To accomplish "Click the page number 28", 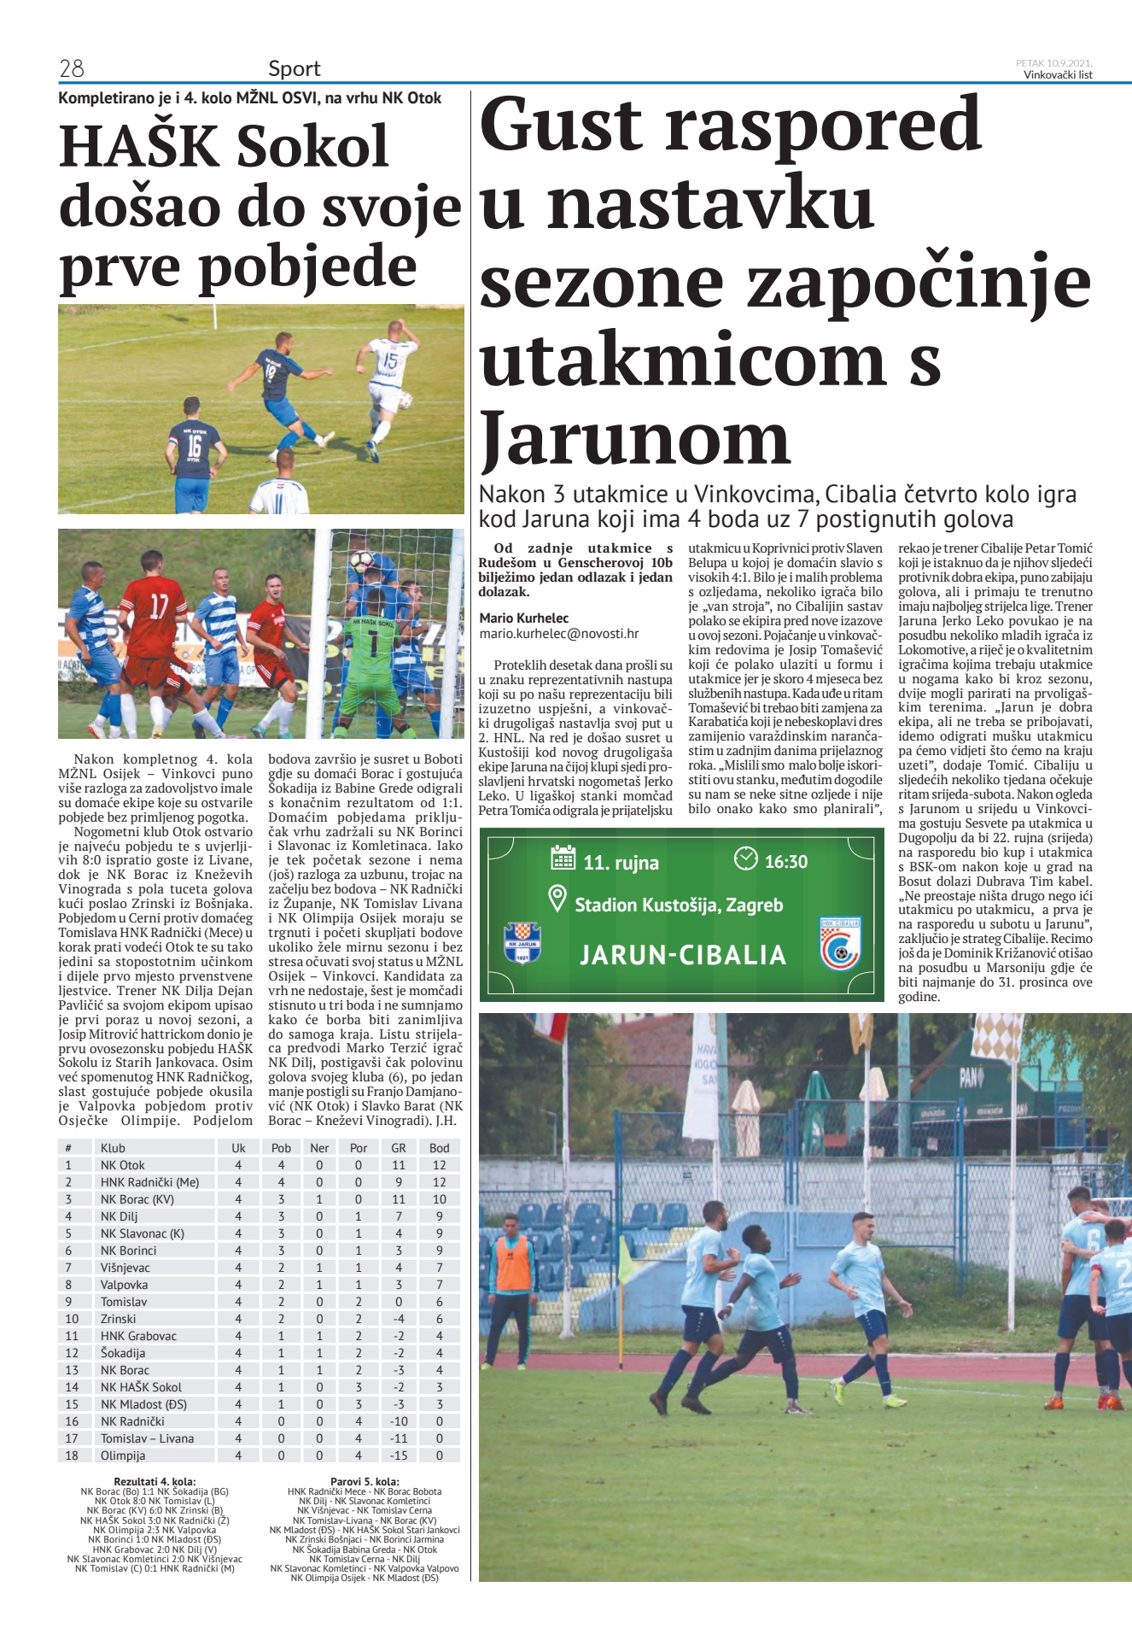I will click(x=72, y=68).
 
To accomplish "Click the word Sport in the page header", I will click(x=295, y=68).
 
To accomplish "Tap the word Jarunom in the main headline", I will click(x=636, y=437).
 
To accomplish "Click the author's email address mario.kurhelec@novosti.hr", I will click(x=559, y=634).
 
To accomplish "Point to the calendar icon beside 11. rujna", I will click(x=563, y=858).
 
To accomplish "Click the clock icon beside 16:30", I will click(x=746, y=858).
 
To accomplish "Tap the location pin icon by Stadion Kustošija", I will click(x=557, y=899).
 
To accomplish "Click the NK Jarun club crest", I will click(x=522, y=943).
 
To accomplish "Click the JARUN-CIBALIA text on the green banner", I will click(x=683, y=955).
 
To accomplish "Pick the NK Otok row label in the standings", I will click(x=123, y=1165).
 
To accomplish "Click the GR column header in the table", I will click(x=398, y=1148).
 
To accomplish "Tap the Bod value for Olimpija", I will click(x=440, y=1455).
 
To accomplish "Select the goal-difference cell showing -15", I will click(x=398, y=1455).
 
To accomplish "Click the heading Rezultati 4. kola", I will click(x=155, y=1482).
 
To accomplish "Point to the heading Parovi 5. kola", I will click(x=365, y=1482).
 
